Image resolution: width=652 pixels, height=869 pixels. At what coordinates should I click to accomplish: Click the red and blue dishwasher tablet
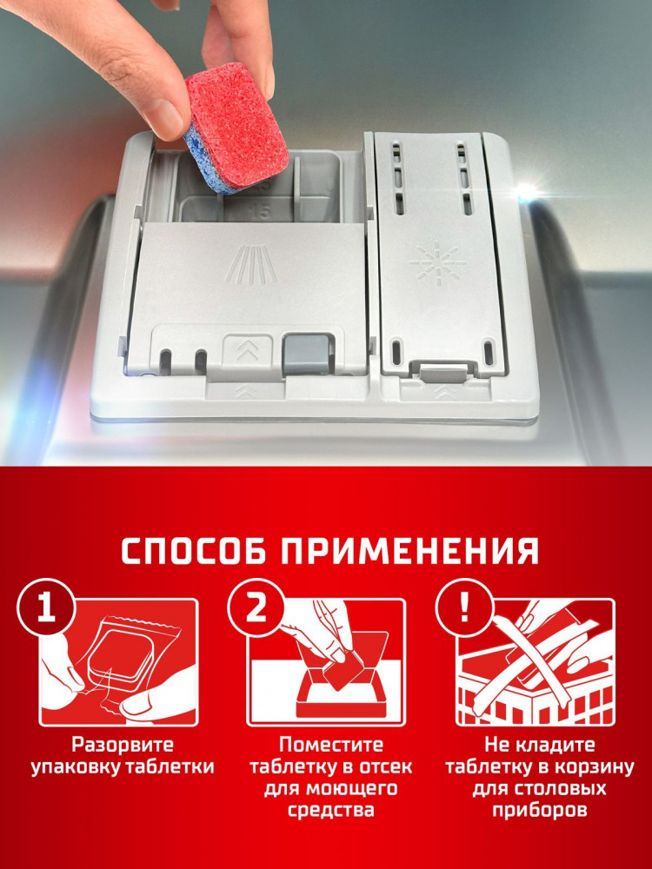[236, 128]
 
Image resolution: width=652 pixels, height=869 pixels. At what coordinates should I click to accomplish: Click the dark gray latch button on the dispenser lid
[305, 354]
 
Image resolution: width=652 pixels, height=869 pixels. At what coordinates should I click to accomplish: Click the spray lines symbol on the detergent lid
[251, 264]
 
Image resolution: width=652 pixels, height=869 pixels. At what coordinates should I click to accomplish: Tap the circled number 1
[46, 609]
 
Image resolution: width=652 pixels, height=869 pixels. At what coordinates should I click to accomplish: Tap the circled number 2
[256, 609]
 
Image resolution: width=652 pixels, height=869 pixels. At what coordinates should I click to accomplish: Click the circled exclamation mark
[464, 609]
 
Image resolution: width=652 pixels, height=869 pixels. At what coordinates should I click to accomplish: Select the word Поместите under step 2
[331, 745]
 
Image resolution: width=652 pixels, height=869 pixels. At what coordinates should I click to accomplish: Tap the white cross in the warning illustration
[531, 663]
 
